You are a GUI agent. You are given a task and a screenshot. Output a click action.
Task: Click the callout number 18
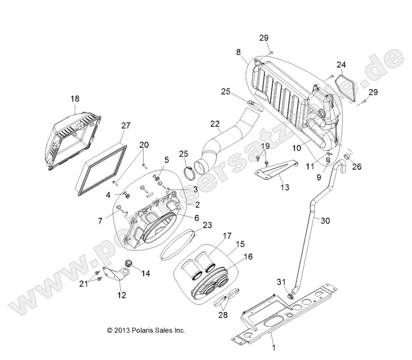point(75,99)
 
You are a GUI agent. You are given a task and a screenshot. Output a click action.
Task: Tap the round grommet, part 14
point(129,263)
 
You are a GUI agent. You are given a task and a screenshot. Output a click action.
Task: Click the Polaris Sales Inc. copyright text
point(146,331)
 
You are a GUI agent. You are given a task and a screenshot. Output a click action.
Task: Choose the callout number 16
point(248,257)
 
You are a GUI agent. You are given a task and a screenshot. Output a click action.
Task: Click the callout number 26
point(357,167)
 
